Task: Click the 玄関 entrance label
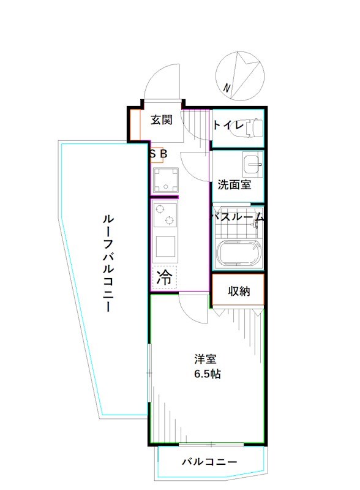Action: tap(162, 120)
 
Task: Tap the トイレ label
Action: tap(228, 126)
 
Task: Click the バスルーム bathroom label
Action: tap(238, 216)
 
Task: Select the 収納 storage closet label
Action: tap(239, 291)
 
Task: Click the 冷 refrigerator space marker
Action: tap(164, 277)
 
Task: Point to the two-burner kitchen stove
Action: tap(165, 214)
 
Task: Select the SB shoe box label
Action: tap(158, 155)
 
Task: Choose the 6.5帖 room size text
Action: tap(207, 374)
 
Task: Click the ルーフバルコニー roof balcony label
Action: tap(107, 263)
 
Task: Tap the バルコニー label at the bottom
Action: tap(209, 462)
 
